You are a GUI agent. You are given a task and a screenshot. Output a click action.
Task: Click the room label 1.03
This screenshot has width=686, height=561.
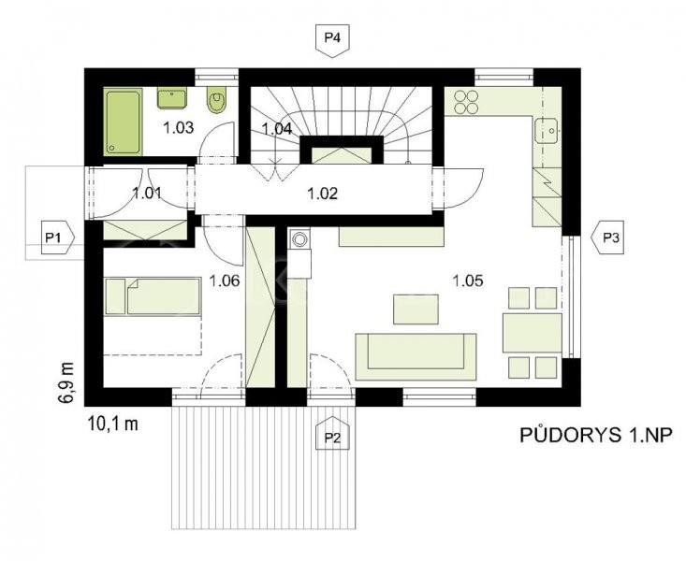[178, 128]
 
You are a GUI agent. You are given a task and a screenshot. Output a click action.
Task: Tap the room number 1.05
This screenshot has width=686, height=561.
[468, 280]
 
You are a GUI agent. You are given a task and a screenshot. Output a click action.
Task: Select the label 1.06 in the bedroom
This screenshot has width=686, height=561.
[225, 280]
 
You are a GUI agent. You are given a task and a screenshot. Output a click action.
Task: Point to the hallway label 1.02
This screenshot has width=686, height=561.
[323, 194]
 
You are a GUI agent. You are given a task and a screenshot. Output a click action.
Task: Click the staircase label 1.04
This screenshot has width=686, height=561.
[277, 129]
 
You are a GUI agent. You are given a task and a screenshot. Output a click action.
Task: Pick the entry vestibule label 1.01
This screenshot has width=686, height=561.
[147, 193]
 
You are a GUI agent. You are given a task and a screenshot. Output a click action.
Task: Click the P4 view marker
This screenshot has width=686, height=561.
[332, 40]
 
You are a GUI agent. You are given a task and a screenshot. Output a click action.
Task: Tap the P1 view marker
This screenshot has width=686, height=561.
[58, 237]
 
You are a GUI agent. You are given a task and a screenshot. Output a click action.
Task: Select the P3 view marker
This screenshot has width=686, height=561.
[607, 237]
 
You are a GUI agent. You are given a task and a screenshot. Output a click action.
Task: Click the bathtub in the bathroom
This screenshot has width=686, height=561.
[123, 122]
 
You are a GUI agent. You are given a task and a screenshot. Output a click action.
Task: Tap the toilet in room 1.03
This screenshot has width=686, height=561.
[215, 99]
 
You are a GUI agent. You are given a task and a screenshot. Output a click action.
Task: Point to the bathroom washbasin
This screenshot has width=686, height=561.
[172, 97]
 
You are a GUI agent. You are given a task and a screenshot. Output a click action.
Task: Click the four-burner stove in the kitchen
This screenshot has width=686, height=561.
[464, 101]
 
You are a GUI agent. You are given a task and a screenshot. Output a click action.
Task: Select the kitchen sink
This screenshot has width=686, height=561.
[547, 130]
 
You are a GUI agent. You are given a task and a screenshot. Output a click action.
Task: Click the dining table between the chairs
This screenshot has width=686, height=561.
[532, 332]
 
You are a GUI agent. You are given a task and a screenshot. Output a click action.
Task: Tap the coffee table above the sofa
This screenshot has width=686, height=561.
[416, 309]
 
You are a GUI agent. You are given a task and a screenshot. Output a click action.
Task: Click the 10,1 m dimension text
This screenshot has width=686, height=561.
[113, 424]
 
